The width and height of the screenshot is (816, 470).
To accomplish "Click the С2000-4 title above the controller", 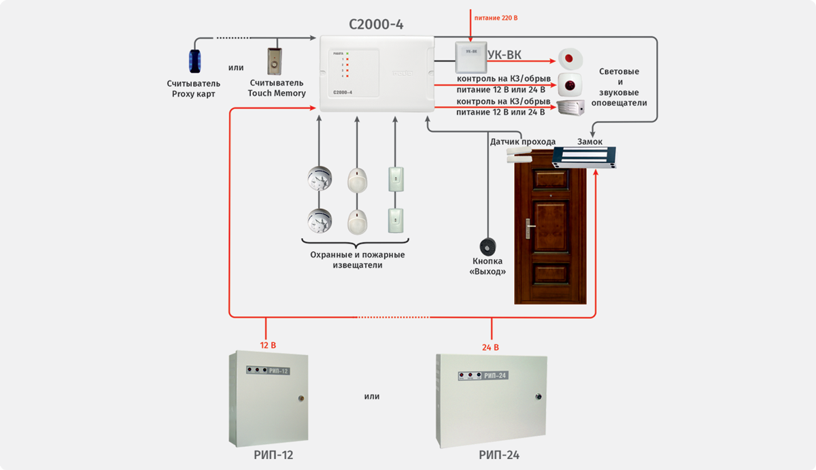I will click(x=376, y=24).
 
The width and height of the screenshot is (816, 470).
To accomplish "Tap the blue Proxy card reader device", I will click(x=196, y=61).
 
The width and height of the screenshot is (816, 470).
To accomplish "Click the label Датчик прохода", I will click(x=522, y=141).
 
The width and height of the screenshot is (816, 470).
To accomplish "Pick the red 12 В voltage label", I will click(x=268, y=346).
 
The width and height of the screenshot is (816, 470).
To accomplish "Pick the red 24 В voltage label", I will click(x=490, y=347).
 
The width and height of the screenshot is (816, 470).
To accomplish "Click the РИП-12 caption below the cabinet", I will click(x=268, y=455).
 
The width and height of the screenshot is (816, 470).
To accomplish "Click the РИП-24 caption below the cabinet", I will click(x=494, y=455).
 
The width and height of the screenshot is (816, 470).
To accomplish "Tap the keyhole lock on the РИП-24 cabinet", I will click(x=537, y=395).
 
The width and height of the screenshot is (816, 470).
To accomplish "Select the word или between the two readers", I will click(x=236, y=67).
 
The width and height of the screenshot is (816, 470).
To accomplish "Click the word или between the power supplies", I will click(x=372, y=396).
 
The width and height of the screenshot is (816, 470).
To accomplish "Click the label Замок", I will click(x=590, y=141).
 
